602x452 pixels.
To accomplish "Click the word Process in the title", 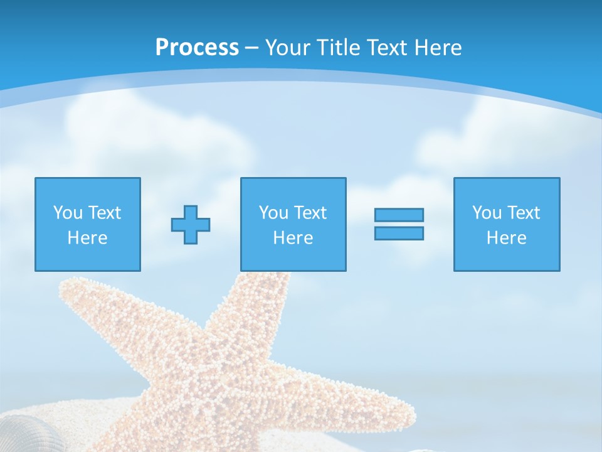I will tap(197, 48).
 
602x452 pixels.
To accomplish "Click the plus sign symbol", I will tap(191, 224).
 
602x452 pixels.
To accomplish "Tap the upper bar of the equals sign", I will tap(399, 215).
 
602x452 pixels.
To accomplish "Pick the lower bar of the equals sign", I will tap(399, 233).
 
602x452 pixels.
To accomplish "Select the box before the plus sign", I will tap(87, 224).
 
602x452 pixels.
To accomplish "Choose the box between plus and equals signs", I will tap(293, 224).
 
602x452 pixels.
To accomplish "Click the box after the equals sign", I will tap(506, 224).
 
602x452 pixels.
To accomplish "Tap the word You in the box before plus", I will tap(68, 213).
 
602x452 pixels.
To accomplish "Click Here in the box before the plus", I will tap(87, 238).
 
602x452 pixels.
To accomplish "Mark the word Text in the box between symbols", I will tap(310, 213).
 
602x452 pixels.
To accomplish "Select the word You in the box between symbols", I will tap(273, 213).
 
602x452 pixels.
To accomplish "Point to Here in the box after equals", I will tap(506, 238).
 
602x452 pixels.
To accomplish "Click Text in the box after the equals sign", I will tap(524, 213).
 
